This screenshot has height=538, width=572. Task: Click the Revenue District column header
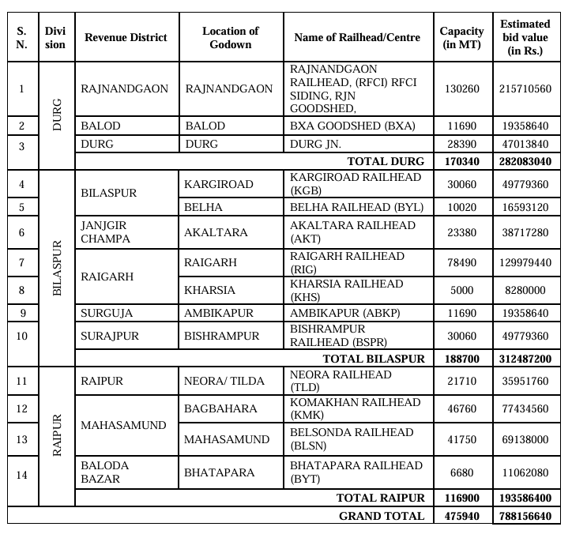point(126,37)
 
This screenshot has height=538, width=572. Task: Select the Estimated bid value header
point(525,37)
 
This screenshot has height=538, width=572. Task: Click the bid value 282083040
point(525,161)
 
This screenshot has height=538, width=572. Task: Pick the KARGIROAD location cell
point(219,184)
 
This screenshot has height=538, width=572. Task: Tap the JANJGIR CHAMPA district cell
point(104,232)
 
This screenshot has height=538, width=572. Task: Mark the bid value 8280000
point(525,290)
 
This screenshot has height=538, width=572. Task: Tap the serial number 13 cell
point(21,438)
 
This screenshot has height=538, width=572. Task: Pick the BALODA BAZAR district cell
point(104,472)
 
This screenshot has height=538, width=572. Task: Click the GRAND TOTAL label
point(382,516)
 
